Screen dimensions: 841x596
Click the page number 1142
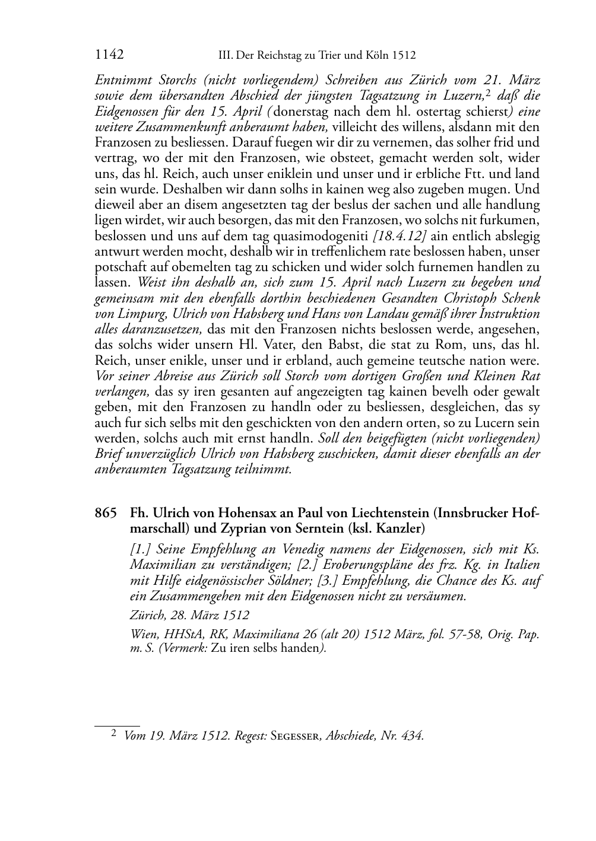109,55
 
